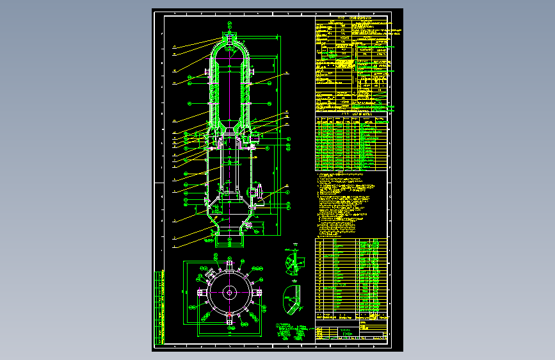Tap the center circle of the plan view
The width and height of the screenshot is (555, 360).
pos(229,292)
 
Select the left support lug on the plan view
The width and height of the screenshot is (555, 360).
pos(202,292)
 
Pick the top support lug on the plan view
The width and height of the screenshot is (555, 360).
pos(229,264)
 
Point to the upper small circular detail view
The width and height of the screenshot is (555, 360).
pos(293,263)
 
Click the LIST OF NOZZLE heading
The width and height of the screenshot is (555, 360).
pos(353,113)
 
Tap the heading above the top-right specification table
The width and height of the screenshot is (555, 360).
pos(352,19)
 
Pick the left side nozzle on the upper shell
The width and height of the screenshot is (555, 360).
pos(206,71)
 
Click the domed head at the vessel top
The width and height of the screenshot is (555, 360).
pos(229,47)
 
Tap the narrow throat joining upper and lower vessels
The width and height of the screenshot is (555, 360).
pos(229,131)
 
